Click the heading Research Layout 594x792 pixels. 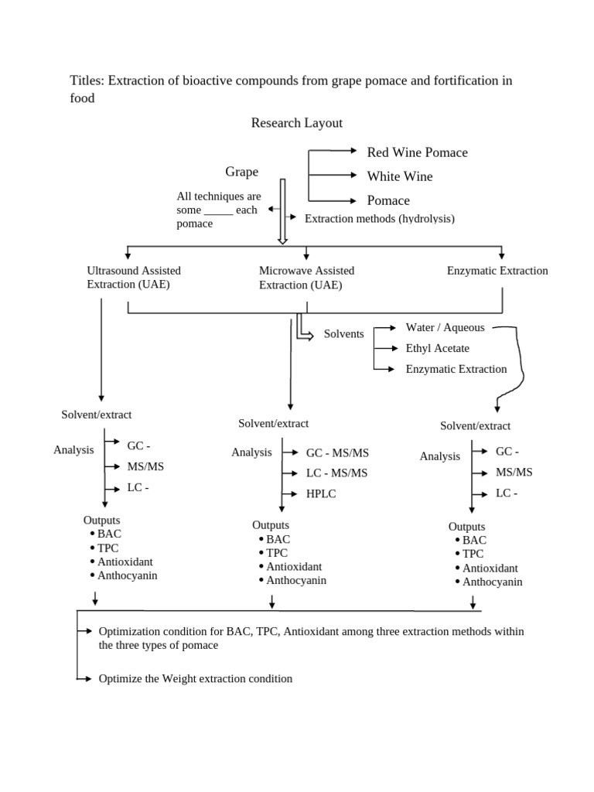296,123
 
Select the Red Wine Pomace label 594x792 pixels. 417,152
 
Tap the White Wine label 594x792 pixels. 399,176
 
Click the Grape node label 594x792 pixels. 241,172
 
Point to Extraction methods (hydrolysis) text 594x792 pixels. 379,219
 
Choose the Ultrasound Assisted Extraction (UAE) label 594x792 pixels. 134,278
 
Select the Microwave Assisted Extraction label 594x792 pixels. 306,278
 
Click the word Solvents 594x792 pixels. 344,333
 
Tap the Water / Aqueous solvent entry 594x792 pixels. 445,328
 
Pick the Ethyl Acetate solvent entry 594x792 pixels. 437,348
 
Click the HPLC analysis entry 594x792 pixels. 321,493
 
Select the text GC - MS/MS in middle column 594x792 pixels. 337,452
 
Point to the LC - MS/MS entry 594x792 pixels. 336,473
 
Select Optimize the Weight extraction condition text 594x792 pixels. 196,678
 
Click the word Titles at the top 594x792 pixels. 87,81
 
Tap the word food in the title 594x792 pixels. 82,98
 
